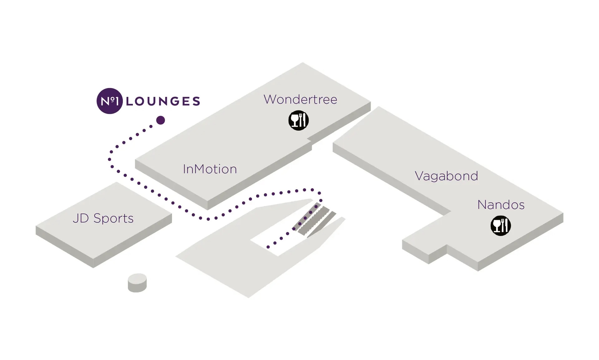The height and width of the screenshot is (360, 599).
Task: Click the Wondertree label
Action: click(x=300, y=100)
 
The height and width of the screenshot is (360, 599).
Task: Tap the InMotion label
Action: click(x=210, y=169)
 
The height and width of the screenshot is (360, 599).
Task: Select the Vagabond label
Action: click(x=446, y=176)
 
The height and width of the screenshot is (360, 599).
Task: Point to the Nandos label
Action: click(x=501, y=205)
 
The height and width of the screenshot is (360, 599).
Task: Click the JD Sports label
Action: click(x=103, y=218)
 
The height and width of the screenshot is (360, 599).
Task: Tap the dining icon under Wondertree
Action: click(x=299, y=121)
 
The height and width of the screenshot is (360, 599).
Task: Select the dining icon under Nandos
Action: click(x=500, y=226)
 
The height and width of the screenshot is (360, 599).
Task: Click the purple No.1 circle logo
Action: click(x=110, y=101)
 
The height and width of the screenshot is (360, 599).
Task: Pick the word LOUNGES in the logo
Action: click(x=163, y=101)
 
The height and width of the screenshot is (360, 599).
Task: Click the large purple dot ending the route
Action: click(x=160, y=120)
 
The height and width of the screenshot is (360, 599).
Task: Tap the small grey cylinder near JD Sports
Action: click(x=137, y=283)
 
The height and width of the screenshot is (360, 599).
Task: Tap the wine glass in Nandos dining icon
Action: click(x=496, y=225)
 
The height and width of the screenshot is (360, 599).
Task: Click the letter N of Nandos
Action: click(x=482, y=205)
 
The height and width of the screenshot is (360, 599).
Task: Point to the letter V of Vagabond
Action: click(x=419, y=176)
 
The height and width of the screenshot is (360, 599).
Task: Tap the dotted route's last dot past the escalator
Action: click(x=268, y=247)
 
